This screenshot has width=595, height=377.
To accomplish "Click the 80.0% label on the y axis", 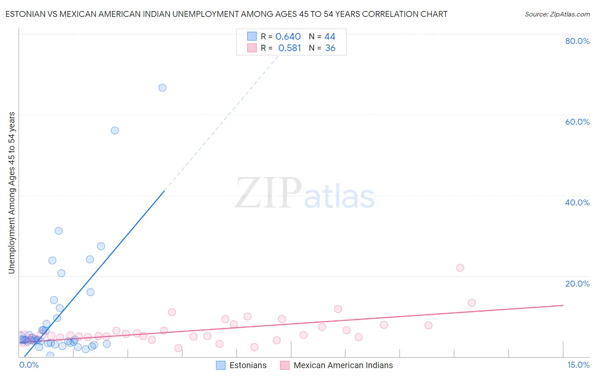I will (577, 41).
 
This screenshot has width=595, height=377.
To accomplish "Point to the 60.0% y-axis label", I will (577, 122).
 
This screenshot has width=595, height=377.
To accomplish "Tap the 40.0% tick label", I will (577, 202).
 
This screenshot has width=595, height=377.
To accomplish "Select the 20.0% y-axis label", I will (577, 284).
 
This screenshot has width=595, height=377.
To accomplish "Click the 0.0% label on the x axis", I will (29, 365).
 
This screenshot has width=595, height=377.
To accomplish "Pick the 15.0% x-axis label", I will (578, 365).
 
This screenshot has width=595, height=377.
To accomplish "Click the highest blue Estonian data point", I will (162, 88).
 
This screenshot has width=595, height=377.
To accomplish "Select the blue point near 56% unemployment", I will (115, 131).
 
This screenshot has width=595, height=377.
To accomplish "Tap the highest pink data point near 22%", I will (460, 268).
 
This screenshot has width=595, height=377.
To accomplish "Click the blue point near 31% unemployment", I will (59, 231).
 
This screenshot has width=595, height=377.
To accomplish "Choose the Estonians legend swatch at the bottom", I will (221, 365).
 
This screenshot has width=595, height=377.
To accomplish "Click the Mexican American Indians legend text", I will (343, 365).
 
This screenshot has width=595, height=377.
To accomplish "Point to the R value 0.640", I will (288, 37).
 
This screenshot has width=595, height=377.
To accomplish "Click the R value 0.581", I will (289, 48).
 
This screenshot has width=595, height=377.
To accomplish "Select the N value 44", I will (330, 37).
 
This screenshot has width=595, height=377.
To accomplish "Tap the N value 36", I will (330, 48).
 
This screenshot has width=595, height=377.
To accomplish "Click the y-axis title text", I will (11, 193).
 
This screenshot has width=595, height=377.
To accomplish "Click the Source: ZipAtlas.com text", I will (557, 14).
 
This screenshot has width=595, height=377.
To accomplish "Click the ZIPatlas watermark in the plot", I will (305, 194).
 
